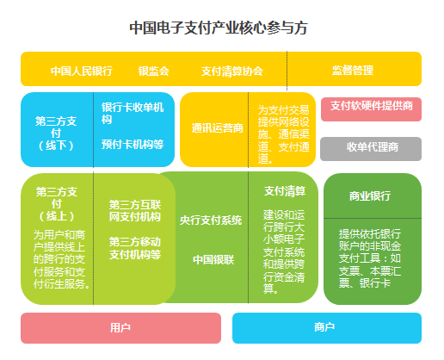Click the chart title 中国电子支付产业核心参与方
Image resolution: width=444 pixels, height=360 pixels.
tap(219, 28)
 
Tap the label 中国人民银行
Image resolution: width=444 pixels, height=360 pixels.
tap(82, 71)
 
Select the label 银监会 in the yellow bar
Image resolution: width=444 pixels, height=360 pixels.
tap(154, 71)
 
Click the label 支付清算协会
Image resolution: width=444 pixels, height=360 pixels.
tap(232, 71)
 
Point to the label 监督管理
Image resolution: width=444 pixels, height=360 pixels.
tap(353, 71)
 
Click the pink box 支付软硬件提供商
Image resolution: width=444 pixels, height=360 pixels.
tap(371, 109)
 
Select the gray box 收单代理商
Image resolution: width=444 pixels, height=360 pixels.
tap(371, 149)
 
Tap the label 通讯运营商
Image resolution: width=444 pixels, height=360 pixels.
tap(217, 128)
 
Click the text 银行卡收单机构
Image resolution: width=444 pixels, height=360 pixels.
tap(133, 113)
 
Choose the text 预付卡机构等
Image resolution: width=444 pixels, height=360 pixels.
tap(133, 144)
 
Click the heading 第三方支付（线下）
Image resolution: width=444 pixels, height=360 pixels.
tap(56, 133)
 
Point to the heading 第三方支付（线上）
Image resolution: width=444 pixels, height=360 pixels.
tap(57, 204)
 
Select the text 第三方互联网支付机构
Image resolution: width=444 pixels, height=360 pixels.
tap(135, 211)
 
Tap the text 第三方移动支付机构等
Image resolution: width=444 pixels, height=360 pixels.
tap(135, 248)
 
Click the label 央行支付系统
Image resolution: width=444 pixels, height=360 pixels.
tap(211, 220)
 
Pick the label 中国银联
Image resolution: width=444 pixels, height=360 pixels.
tap(213, 259)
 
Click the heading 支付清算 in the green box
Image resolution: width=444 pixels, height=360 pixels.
tap(285, 191)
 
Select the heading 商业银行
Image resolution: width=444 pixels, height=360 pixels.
tap(370, 196)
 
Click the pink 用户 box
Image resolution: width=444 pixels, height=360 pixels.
tap(120, 328)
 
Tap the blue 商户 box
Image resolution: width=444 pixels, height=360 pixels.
tap(327, 328)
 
